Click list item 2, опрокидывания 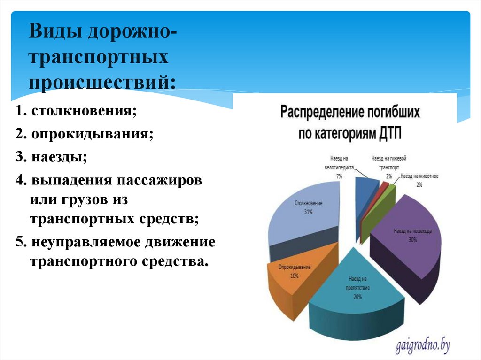(x=84, y=134)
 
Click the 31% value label (x=308, y=212)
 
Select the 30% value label (x=412, y=240)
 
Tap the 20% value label (x=358, y=297)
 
